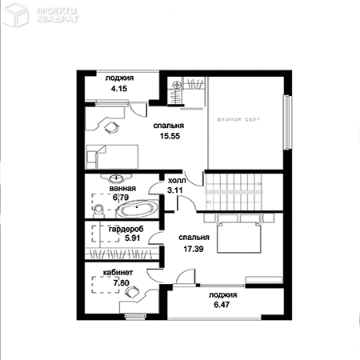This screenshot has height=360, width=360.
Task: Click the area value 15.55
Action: [x=170, y=136]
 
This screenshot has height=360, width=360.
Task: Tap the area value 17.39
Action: [x=194, y=249]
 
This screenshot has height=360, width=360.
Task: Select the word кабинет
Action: [x=118, y=273]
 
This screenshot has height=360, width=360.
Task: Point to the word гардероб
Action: [x=126, y=229]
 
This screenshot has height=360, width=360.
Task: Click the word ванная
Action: [x=122, y=188]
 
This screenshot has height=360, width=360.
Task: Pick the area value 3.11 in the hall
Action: [x=174, y=190]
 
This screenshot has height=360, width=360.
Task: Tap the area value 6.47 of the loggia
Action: [x=222, y=305]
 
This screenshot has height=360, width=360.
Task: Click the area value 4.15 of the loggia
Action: [x=119, y=89]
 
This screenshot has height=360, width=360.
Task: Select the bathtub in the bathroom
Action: [x=138, y=208]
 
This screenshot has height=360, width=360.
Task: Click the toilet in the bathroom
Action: [x=98, y=210]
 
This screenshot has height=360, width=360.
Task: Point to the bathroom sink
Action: [x=116, y=178]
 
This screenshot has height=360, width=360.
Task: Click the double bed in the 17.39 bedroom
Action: [x=238, y=234]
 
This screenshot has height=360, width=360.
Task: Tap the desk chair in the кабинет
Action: [x=133, y=291]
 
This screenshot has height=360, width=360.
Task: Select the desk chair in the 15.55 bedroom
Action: [x=111, y=127]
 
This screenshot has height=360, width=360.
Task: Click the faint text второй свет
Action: [x=238, y=119]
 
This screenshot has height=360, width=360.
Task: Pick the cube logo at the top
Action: [x=16, y=14]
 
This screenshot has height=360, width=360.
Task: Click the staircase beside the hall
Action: [x=234, y=192]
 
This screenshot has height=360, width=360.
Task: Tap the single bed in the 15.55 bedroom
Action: [x=112, y=157]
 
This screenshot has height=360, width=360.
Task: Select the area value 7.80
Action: [x=122, y=282]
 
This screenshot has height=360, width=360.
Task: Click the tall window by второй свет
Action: [x=287, y=122]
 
